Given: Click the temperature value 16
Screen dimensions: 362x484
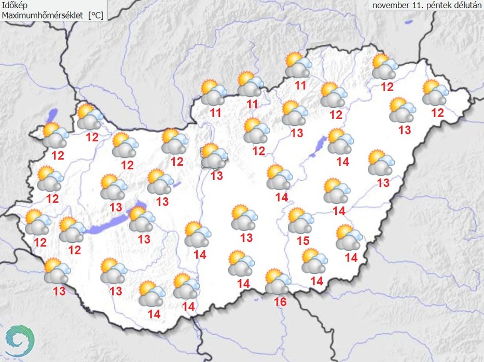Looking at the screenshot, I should [280, 300].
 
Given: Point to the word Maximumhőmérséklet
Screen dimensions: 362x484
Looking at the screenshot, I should [43, 16].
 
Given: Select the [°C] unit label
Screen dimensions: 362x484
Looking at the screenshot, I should [95, 16].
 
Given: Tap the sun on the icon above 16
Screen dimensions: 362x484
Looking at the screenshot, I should [273, 276].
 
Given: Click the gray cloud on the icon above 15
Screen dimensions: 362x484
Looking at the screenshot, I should [298, 225].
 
